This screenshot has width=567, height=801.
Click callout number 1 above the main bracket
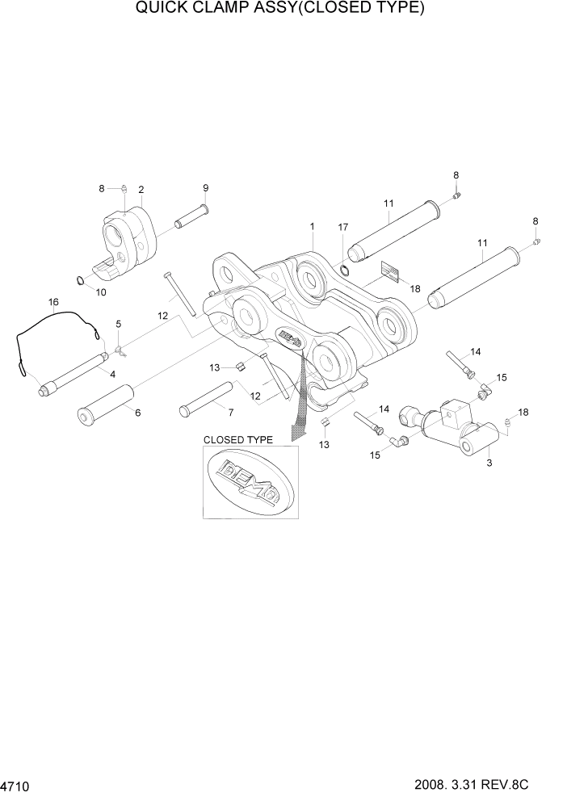(x=312, y=227)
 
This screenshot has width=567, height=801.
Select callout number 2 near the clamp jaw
(x=141, y=190)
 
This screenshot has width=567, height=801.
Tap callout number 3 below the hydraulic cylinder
(x=489, y=463)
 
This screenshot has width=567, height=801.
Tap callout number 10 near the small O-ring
(x=101, y=292)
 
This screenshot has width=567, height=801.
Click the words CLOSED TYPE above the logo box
(x=237, y=440)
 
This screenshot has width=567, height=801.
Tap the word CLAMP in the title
(x=205, y=9)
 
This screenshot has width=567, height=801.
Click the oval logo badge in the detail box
(x=250, y=482)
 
